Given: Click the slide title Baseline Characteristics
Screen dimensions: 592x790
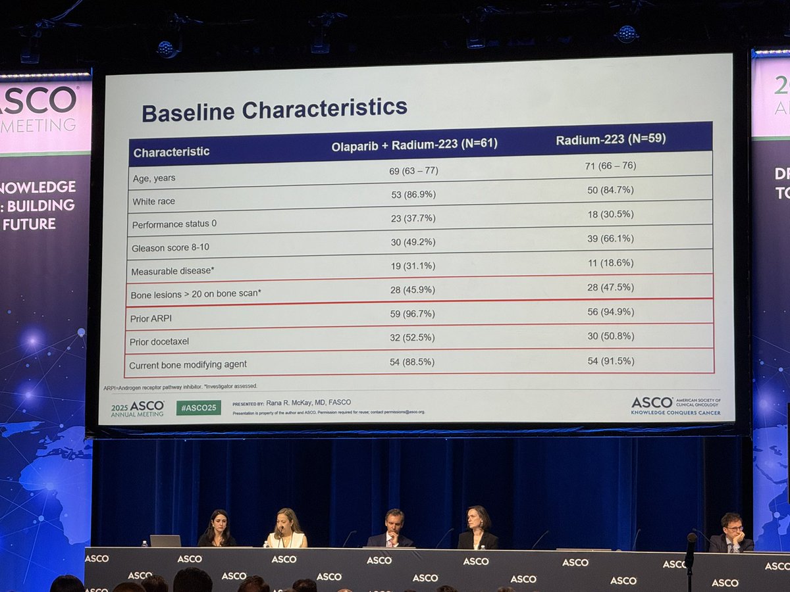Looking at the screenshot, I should point(275,109).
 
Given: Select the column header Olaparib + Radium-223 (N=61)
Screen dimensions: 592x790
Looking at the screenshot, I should point(414,145).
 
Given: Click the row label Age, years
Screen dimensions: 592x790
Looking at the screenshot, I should point(153,178).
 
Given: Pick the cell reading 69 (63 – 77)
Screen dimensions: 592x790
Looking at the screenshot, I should point(413,171).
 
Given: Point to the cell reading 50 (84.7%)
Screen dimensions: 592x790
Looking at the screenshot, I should point(610,191).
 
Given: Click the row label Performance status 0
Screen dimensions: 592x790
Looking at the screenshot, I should point(174,224).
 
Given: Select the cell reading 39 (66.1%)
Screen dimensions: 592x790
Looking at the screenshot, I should point(611,238).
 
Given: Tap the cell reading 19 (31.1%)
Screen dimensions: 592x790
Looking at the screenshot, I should point(412,265).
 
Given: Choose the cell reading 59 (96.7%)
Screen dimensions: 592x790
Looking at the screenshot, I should point(412,314).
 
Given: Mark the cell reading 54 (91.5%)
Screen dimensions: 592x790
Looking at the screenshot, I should point(610,360).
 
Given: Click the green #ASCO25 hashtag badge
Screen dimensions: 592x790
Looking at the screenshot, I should point(198,408).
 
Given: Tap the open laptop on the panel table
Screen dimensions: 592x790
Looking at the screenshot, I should point(165,541).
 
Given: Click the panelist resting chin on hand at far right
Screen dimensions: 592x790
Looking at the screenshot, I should point(731,533).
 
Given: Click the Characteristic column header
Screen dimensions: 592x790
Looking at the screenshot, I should point(171,152).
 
